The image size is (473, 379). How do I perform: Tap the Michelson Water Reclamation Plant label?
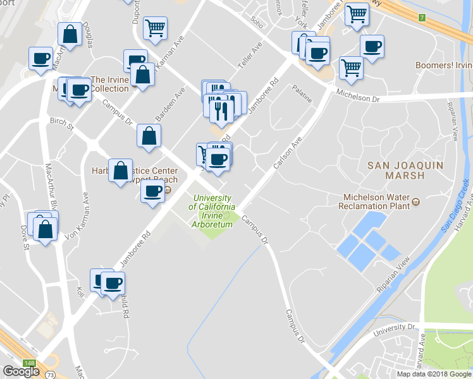[x=373, y=202]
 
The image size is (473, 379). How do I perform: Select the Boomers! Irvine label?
[x=443, y=66]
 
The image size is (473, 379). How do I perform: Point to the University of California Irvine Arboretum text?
[x=214, y=207]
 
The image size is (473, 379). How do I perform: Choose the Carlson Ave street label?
[x=286, y=152]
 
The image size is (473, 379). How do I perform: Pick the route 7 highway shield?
[x=421, y=17]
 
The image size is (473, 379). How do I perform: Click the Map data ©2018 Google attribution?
[x=434, y=374]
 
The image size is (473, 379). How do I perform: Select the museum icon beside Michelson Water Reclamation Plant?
[x=415, y=202]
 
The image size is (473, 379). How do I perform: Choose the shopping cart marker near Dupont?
[x=155, y=28]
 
